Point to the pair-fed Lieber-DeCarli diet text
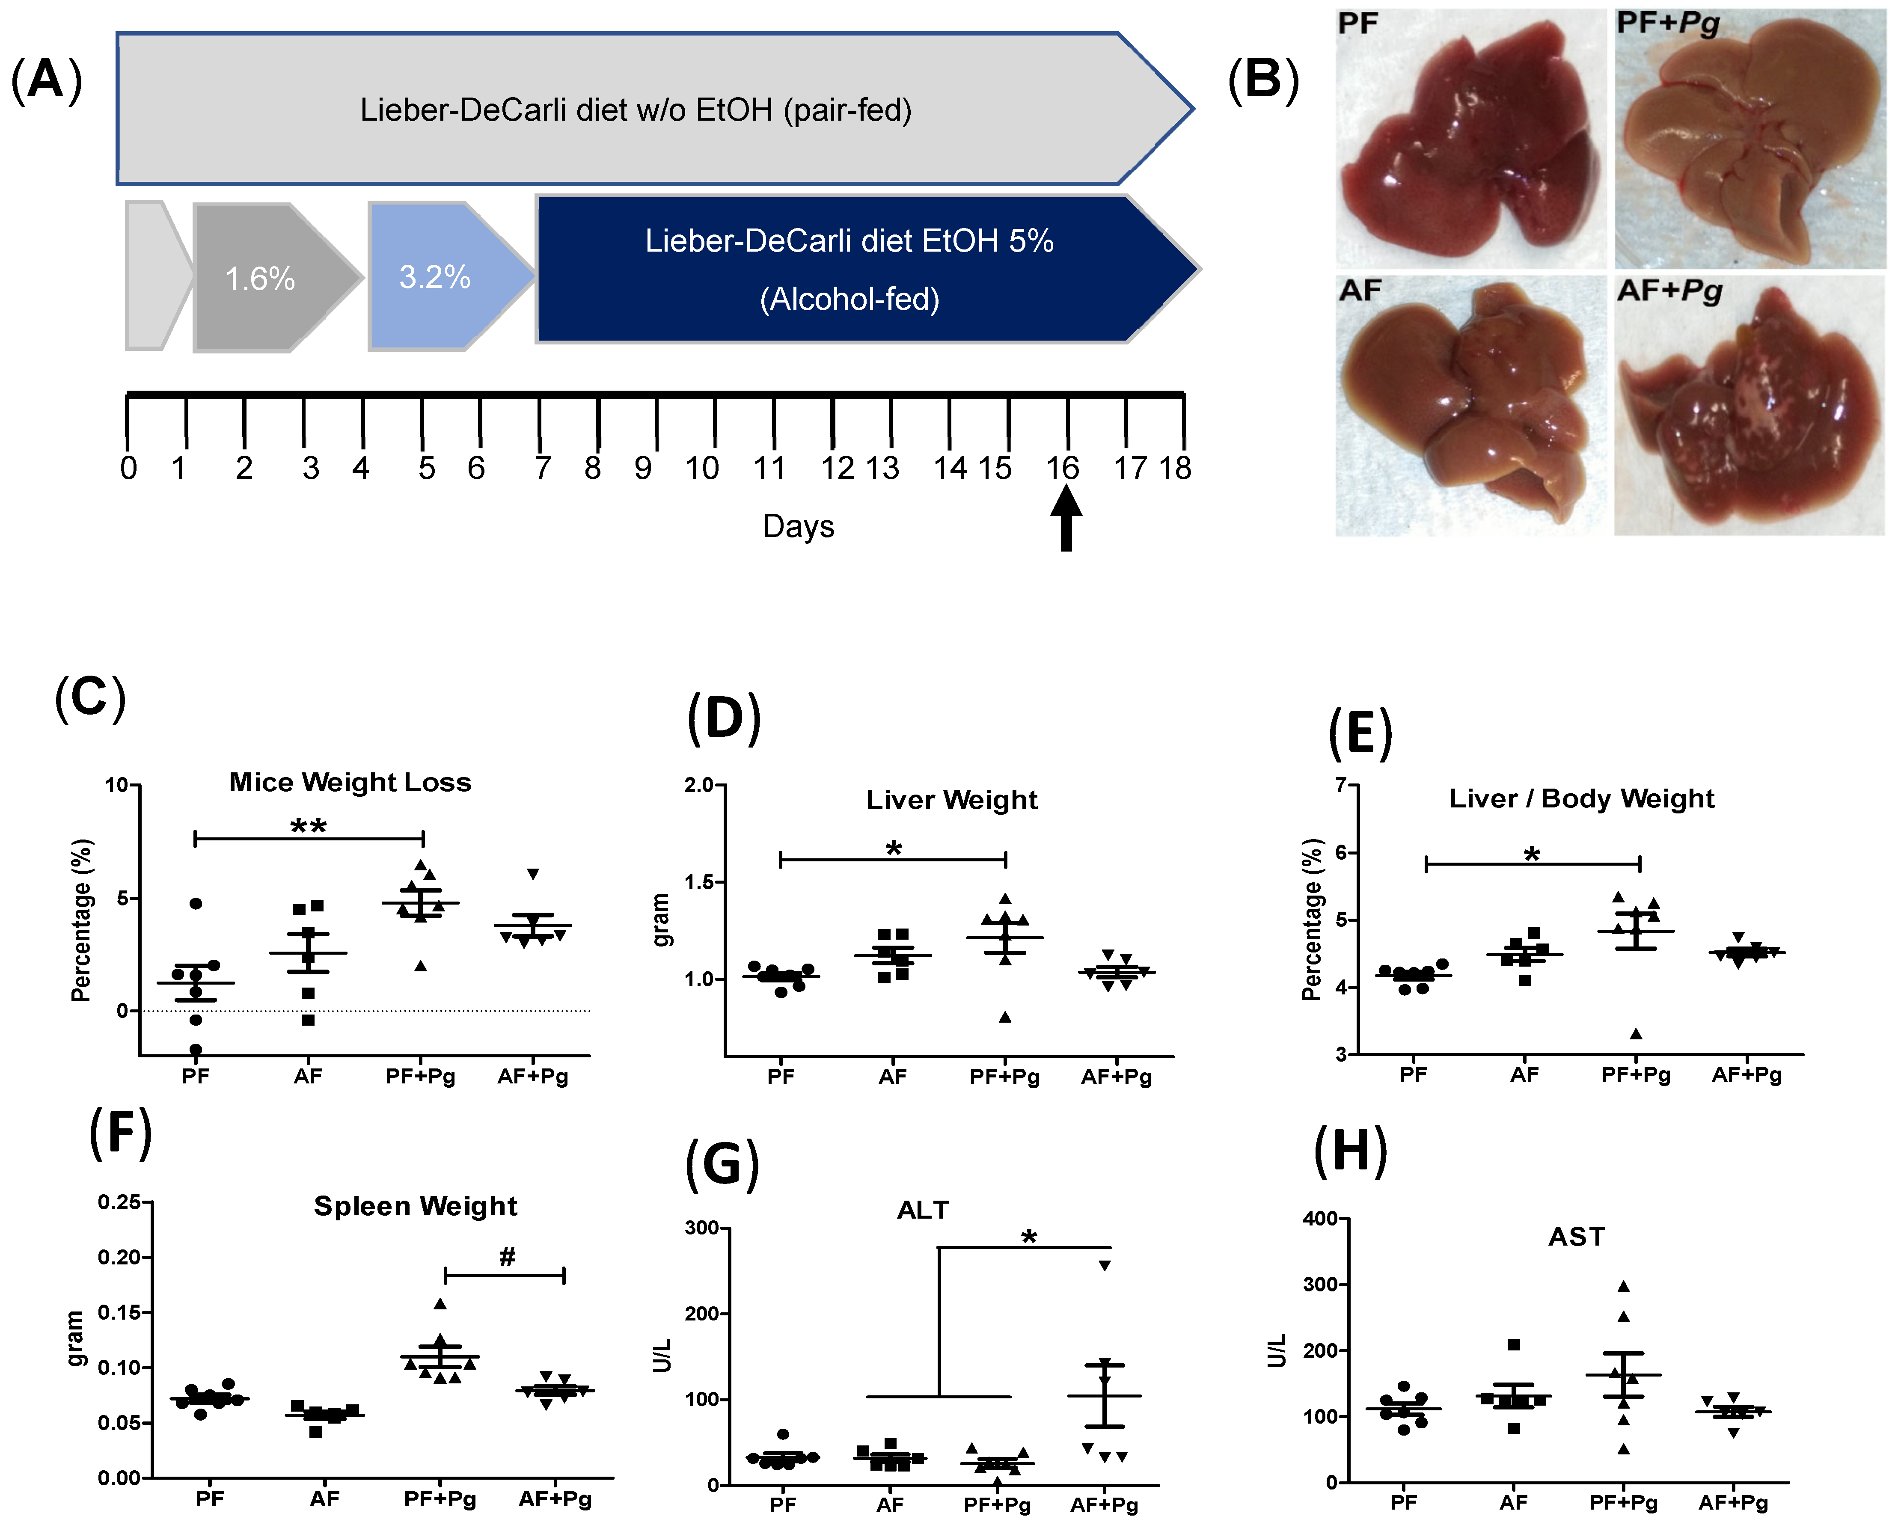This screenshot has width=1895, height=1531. (x=636, y=110)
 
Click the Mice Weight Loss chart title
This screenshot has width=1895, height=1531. (x=350, y=782)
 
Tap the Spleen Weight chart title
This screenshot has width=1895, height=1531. (x=415, y=1205)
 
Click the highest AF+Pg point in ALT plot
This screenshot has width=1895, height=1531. (x=1104, y=1266)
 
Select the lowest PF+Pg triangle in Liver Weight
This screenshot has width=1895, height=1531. (x=1005, y=1017)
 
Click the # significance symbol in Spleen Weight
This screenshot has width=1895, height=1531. (x=507, y=1257)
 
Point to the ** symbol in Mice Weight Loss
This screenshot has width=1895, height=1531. (x=309, y=826)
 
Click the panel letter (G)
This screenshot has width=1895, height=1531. (x=722, y=1164)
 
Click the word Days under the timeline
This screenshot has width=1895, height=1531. (x=798, y=526)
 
